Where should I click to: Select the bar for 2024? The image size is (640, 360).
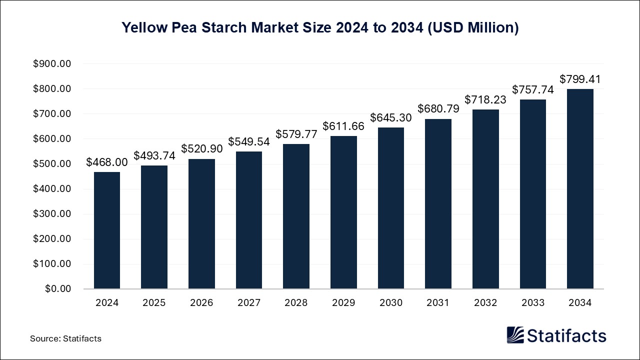[106, 230]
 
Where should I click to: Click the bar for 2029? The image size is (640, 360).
[343, 212]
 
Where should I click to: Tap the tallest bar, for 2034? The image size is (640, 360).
[580, 189]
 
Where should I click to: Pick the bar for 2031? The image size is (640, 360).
[438, 204]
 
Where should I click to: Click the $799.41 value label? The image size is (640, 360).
[580, 79]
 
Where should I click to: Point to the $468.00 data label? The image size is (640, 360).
[106, 162]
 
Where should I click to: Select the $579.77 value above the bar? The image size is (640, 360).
[296, 134]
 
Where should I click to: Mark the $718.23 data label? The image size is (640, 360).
[485, 99]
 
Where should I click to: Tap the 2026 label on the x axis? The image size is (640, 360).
[201, 302]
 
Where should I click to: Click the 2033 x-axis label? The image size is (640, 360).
[532, 302]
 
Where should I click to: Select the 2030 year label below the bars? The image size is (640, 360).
[390, 302]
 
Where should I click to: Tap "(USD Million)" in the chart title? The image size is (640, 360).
[473, 28]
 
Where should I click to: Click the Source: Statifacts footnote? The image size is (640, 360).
[65, 338]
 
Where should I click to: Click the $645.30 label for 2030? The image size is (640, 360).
[390, 117]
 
